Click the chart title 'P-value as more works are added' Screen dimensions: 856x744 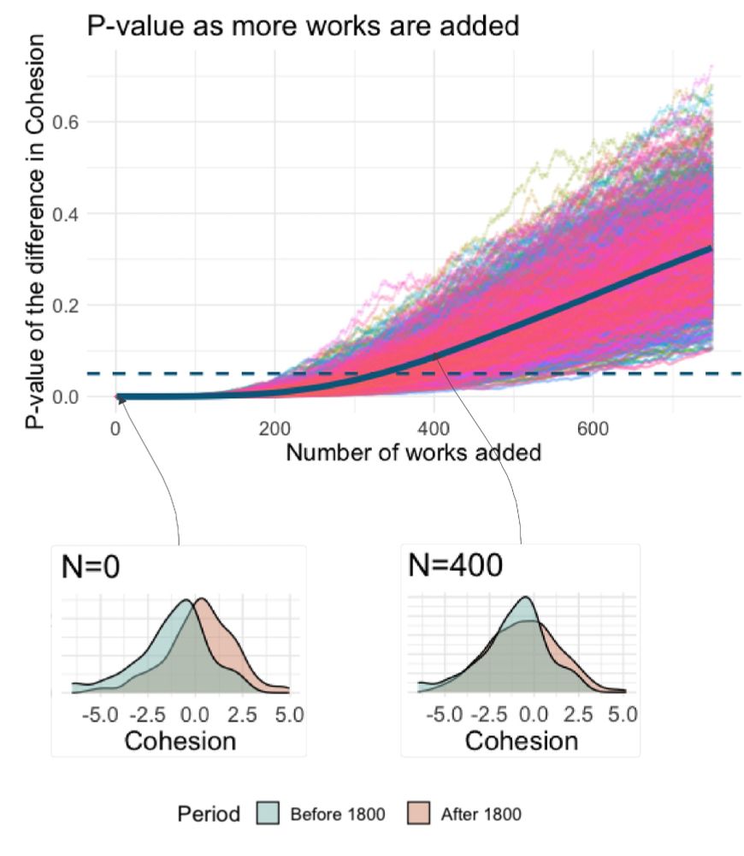(303, 26)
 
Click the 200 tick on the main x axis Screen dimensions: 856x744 (275, 427)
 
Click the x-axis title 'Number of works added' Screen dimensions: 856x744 (413, 452)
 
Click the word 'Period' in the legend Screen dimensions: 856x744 (209, 813)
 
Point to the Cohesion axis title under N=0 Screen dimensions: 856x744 (180, 740)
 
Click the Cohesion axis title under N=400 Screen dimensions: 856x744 (521, 740)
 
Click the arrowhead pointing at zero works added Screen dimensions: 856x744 (121, 398)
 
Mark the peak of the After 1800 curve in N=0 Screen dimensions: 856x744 (201, 598)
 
